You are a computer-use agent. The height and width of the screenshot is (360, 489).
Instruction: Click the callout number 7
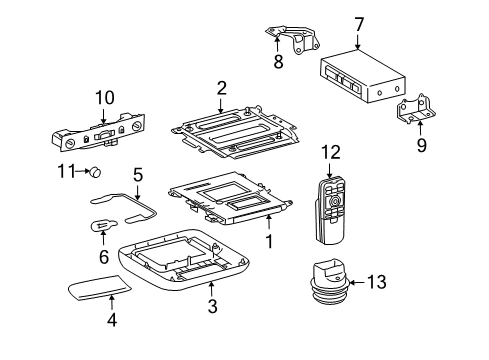358,22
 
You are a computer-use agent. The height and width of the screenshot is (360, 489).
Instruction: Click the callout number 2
221,88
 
